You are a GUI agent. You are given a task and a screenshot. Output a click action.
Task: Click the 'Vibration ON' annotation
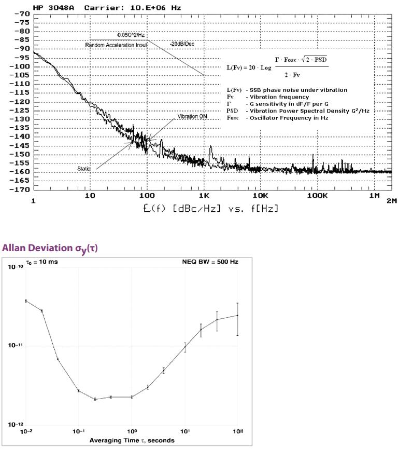192,117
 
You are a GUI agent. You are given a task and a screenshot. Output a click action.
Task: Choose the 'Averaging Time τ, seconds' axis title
132,440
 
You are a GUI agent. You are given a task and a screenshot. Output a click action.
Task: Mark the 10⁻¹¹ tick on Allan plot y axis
12,346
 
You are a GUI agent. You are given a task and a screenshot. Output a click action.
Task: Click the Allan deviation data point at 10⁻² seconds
26,301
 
